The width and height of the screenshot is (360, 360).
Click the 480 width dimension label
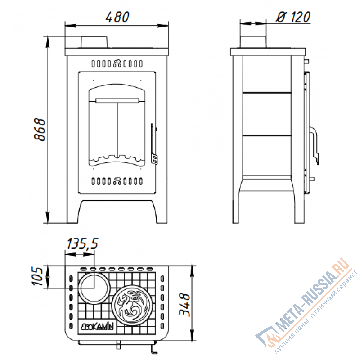pyautogui.click(x=117, y=17)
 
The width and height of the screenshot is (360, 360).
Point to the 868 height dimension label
pyautogui.click(x=40, y=129)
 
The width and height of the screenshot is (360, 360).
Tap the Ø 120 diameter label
pyautogui.click(x=293, y=17)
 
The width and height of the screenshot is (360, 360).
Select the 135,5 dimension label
pyautogui.click(x=82, y=243)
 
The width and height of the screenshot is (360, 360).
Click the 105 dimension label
pyautogui.click(x=37, y=276)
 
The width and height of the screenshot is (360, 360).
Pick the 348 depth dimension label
pyautogui.click(x=185, y=305)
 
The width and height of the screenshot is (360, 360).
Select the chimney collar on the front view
pyautogui.click(x=94, y=42)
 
